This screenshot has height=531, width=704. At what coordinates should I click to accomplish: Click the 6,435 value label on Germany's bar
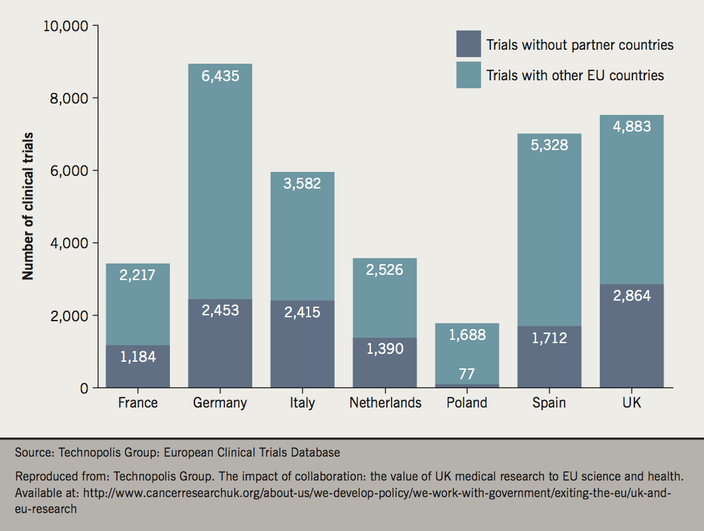[x=220, y=76]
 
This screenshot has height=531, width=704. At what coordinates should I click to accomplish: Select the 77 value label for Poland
[x=466, y=374]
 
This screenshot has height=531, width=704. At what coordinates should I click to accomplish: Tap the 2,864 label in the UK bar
[x=632, y=296]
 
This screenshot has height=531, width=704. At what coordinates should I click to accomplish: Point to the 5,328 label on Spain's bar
[x=549, y=145]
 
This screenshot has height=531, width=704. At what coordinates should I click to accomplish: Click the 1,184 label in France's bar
[x=138, y=356]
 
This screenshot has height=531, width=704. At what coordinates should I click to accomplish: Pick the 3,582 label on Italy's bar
[x=302, y=183]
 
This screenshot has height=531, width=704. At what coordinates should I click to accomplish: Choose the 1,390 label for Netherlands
[x=384, y=348]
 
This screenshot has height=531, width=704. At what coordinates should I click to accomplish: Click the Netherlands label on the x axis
[x=385, y=403]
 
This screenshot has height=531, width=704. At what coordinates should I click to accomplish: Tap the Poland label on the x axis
[x=466, y=403]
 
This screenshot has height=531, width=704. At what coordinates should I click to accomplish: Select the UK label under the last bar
[x=632, y=403]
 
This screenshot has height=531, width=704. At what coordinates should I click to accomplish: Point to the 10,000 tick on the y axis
[x=65, y=27]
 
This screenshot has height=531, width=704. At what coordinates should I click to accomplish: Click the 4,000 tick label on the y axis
[x=69, y=244]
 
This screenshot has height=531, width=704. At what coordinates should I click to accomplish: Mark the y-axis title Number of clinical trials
[x=28, y=206]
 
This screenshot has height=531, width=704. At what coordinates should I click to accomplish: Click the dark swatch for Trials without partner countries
[x=468, y=44]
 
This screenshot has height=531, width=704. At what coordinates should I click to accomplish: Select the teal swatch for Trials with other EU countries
[x=468, y=74]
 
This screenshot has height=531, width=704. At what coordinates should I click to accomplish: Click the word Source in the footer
[x=33, y=453]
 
